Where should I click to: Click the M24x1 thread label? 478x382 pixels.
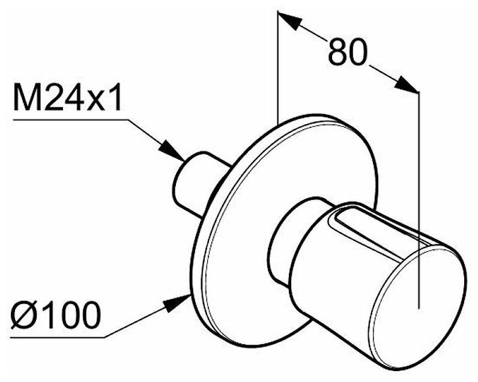click(x=67, y=97)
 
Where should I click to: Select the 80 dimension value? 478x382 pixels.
click(x=347, y=52)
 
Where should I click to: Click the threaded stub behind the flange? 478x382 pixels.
click(x=192, y=180)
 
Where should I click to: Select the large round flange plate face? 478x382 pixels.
click(x=240, y=252)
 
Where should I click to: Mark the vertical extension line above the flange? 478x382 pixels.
click(x=278, y=66)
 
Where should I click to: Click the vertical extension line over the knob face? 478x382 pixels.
click(x=418, y=180)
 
